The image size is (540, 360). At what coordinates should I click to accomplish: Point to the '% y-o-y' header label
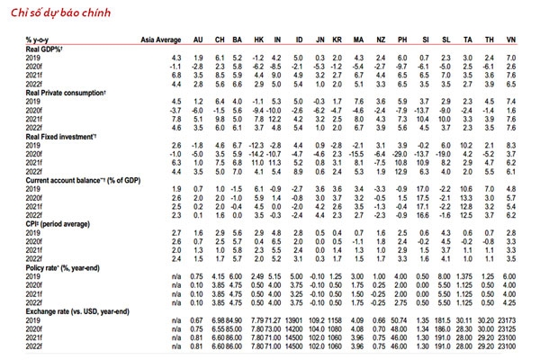tap(40, 40)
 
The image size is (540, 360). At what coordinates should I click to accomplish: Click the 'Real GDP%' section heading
tap(44, 49)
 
